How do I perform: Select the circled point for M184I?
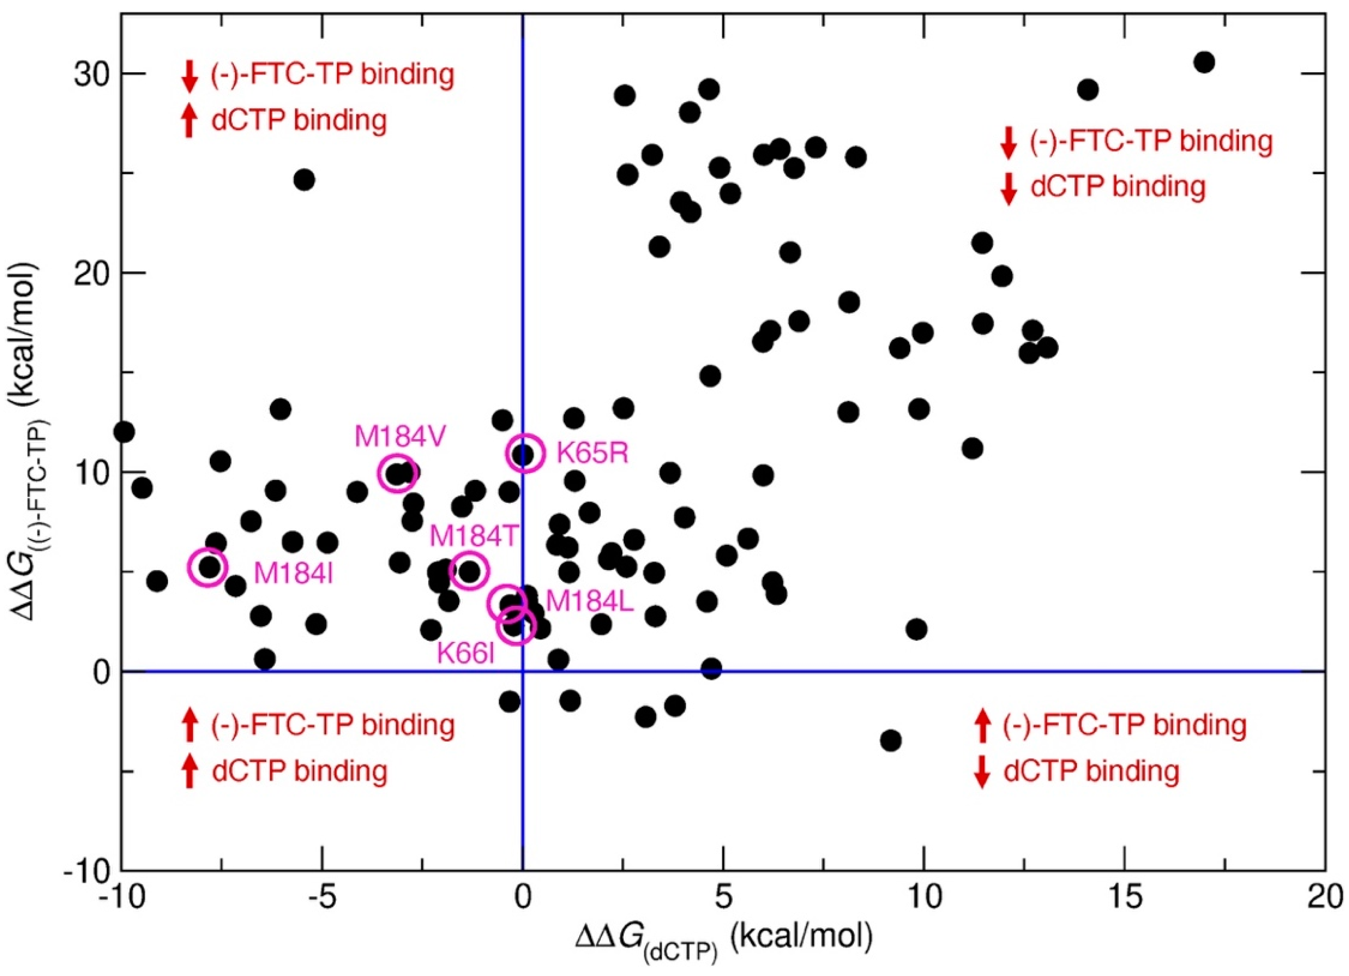pyautogui.click(x=208, y=567)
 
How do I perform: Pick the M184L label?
pyautogui.click(x=589, y=601)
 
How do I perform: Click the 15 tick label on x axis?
pyautogui.click(x=1124, y=898)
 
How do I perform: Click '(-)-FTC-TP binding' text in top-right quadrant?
pyautogui.click(x=1151, y=142)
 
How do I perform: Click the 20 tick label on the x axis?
pyautogui.click(x=1324, y=898)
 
